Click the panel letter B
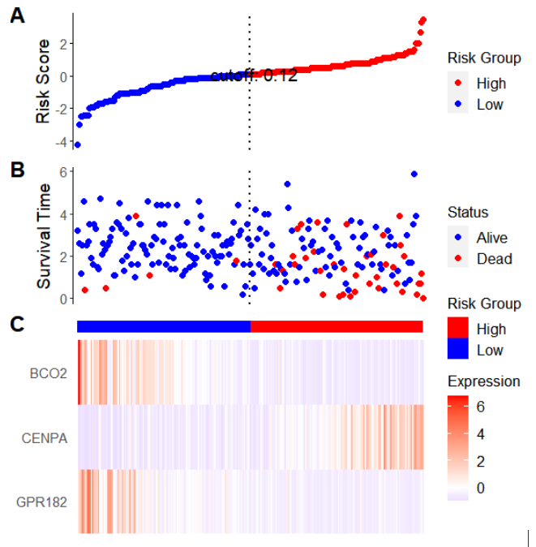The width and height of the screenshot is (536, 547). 17,170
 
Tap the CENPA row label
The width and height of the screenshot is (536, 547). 46,438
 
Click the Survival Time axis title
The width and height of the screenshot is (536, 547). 45,236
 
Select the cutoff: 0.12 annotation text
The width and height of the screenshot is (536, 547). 254,76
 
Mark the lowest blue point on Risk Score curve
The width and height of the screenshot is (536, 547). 78,145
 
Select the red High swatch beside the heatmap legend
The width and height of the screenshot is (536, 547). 458,329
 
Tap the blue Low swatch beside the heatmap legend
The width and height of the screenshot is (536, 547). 458,350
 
